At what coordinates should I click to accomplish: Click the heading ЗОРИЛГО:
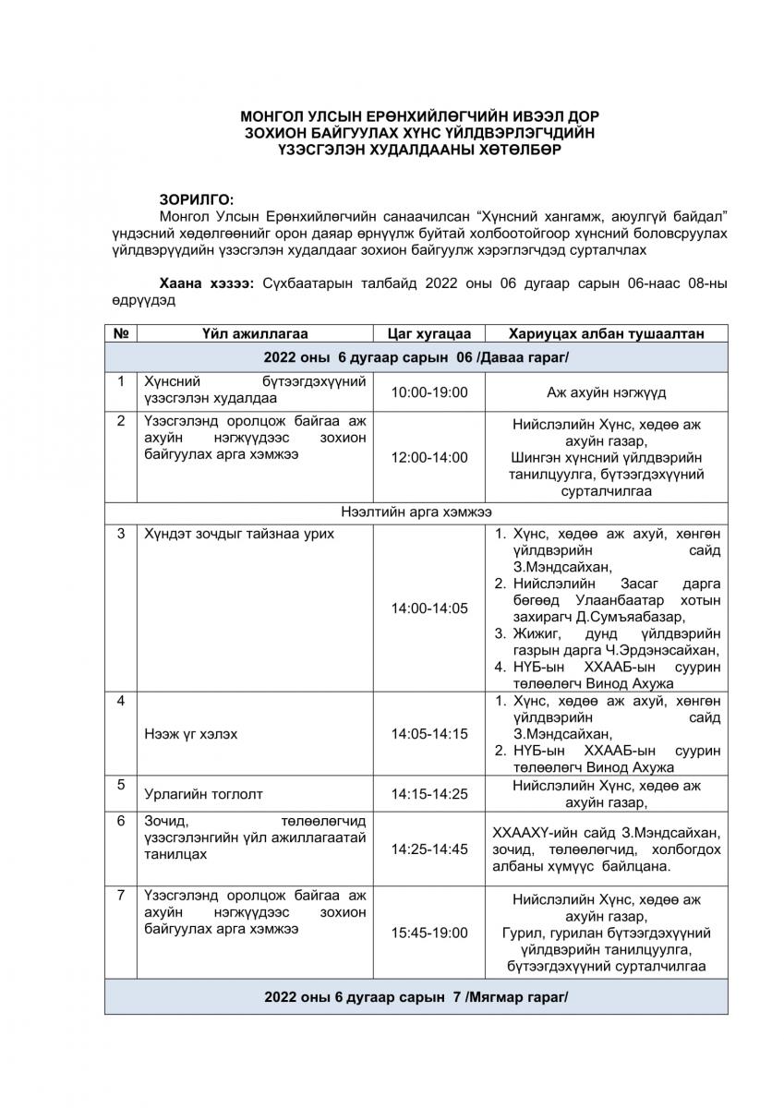[197, 199]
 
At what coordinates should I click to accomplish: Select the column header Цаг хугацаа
[429, 333]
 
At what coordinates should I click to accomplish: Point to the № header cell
[121, 333]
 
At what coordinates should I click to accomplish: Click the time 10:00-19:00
[429, 392]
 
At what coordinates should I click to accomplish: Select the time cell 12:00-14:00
[429, 457]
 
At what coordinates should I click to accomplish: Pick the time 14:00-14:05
[429, 608]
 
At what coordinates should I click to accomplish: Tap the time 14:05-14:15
[429, 734]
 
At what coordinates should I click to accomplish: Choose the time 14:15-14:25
[429, 793]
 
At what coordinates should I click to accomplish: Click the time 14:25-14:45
[429, 849]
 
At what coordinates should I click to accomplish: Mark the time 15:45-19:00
[429, 933]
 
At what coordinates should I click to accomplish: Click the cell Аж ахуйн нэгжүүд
[606, 392]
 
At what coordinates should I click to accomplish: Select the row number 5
[121, 785]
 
